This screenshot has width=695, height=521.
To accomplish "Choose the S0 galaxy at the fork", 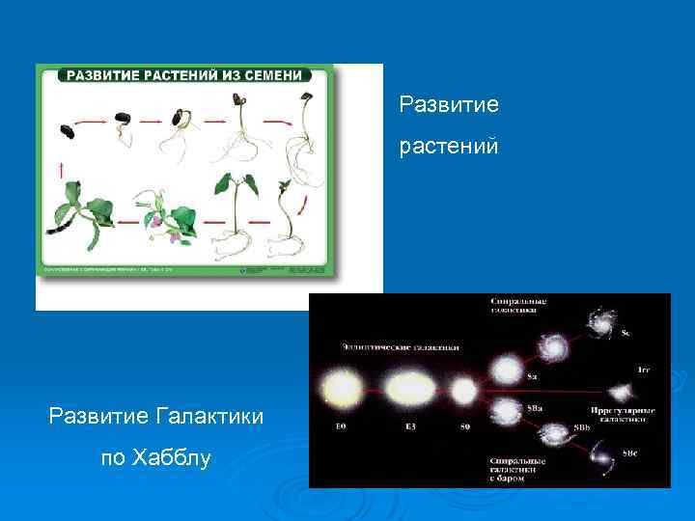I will pos(463,391).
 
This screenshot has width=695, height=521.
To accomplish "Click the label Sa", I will pos(531,376).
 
